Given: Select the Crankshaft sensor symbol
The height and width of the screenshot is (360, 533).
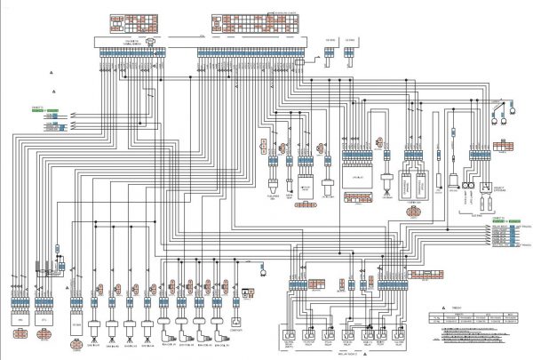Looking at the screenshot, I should point(235,321).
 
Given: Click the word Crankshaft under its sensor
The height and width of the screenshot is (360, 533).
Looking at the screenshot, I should point(235,331).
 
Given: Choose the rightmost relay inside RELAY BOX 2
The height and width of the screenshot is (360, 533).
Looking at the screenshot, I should point(397,336).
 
